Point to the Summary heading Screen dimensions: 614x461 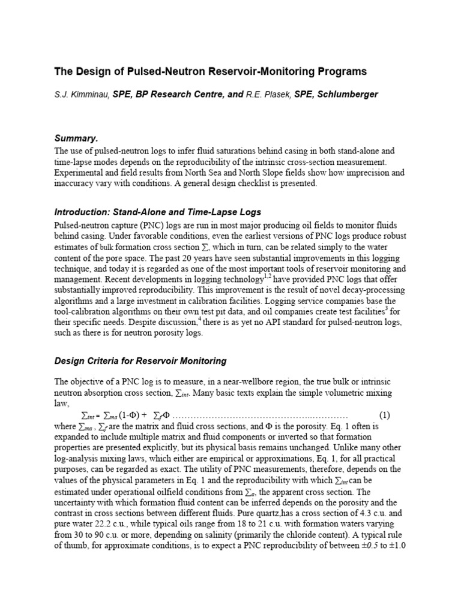(x=76, y=138)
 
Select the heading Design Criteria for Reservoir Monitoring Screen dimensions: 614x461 (x=140, y=361)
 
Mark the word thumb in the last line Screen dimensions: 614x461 (x=75, y=547)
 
